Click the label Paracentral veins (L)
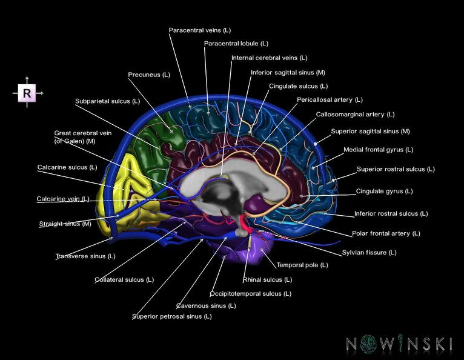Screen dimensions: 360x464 [x=199, y=30]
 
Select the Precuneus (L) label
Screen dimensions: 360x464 [x=149, y=75]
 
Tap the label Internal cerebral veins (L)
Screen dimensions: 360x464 [x=269, y=58]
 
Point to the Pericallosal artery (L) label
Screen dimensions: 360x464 [x=330, y=99]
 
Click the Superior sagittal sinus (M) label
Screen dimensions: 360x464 [x=370, y=131]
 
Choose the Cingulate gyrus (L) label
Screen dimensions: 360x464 [x=384, y=191]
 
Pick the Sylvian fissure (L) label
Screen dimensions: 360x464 [x=369, y=252]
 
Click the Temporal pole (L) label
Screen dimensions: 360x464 [x=302, y=265]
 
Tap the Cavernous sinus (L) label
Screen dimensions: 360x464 [x=206, y=305]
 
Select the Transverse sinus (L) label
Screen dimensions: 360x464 [x=85, y=256]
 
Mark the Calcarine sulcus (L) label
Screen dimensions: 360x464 [x=67, y=167]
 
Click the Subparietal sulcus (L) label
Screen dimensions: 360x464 [x=107, y=101]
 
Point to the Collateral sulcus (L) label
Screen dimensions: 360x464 [x=124, y=279]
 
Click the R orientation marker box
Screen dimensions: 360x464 [x=27, y=93]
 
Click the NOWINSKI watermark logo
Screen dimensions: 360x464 [x=399, y=344]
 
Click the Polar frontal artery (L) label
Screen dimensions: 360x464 [x=386, y=233]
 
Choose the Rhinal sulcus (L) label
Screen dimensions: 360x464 [x=267, y=279]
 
